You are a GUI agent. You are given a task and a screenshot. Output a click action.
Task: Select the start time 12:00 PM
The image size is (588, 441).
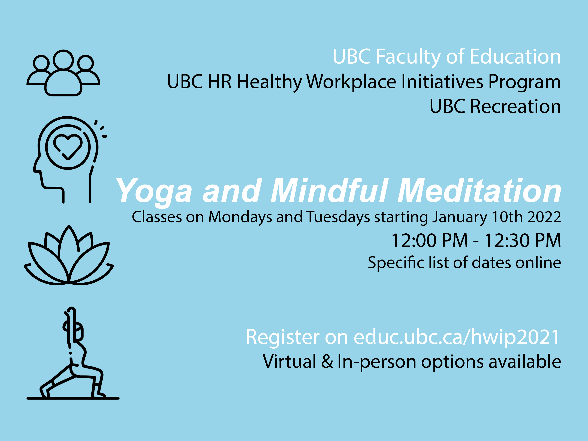pos(429,241)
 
